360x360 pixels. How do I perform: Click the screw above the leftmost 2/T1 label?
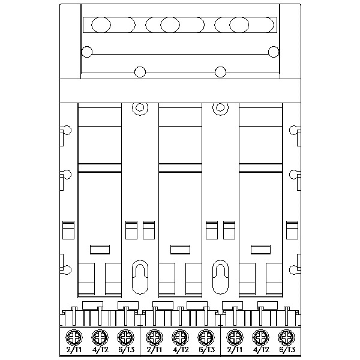[x=74, y=337]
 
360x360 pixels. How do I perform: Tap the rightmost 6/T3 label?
[x=287, y=350]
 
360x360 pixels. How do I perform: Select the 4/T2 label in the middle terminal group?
[x=181, y=350]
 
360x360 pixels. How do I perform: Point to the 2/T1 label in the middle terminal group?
[x=154, y=350]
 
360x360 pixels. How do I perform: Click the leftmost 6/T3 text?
[x=127, y=350]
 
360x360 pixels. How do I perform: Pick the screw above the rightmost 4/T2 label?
[x=260, y=337]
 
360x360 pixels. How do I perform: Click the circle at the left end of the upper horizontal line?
[x=87, y=52]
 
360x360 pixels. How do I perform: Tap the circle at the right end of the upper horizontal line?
[x=274, y=52]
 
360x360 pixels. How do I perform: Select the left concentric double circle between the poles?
[x=140, y=107]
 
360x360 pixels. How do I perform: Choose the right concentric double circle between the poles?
[x=220, y=107]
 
